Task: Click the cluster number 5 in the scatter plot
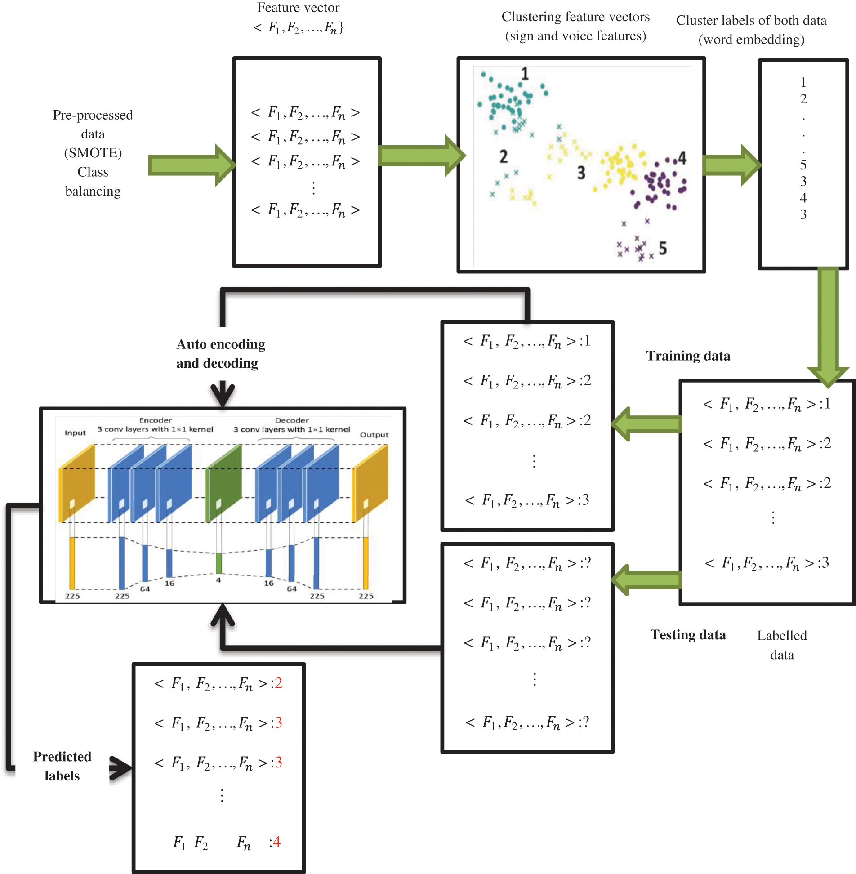663,248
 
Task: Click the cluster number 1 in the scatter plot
525,74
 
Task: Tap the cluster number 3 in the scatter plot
581,173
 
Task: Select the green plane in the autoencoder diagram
224,483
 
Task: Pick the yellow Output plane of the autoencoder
370,483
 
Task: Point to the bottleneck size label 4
218,580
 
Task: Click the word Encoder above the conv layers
156,420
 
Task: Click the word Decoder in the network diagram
292,420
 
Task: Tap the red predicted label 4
276,842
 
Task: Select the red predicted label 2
279,683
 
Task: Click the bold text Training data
688,356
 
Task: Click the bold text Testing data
688,635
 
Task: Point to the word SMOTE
93,153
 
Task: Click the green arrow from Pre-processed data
191,165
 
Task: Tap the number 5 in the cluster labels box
803,165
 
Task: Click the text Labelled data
782,645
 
